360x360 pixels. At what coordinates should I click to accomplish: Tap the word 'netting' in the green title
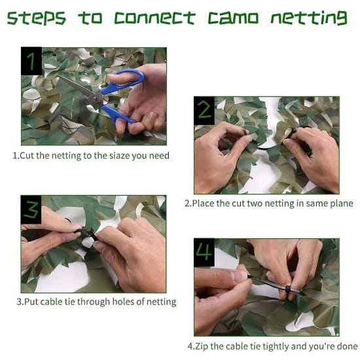click(x=308, y=18)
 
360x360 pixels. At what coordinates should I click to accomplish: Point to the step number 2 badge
click(x=204, y=109)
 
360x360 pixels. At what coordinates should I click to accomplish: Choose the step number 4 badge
click(x=204, y=252)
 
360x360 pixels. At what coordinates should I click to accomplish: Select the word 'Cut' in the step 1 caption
click(x=27, y=156)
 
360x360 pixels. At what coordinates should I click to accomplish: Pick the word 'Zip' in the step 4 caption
click(x=204, y=346)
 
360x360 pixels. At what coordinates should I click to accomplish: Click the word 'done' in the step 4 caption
click(x=346, y=346)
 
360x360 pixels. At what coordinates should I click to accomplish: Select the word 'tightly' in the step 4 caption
click(x=273, y=346)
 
